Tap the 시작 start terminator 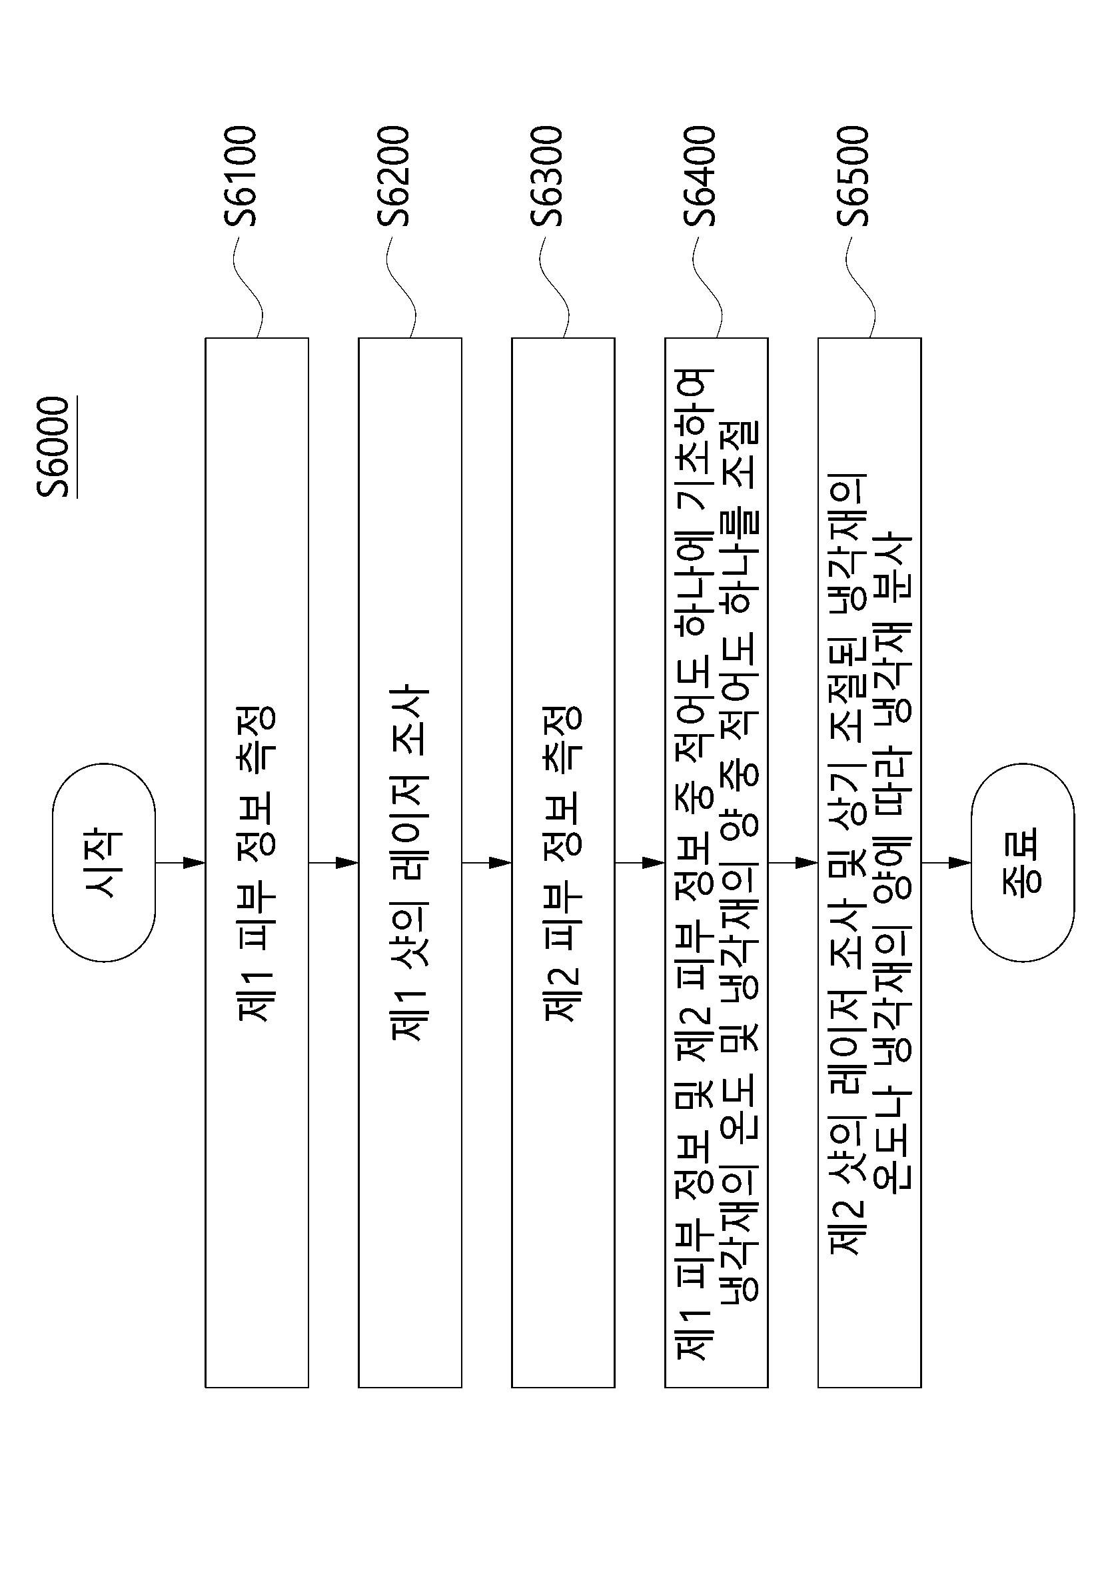point(104,862)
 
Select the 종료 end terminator point(1023,862)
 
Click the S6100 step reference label point(240,175)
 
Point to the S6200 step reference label point(394,175)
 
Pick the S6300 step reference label point(546,175)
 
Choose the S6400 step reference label point(700,175)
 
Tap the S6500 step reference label point(853,175)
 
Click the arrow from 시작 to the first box point(181,862)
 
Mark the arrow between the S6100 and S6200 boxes point(334,862)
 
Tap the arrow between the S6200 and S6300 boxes point(487,862)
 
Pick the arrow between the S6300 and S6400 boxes point(640,862)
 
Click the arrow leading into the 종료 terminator point(946,862)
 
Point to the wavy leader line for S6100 point(247,287)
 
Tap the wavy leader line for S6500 point(860,287)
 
